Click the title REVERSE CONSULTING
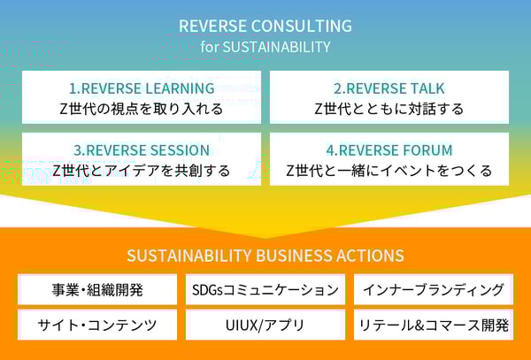tap(265, 26)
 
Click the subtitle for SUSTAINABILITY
tap(265, 47)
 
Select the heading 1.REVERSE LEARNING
tap(142, 88)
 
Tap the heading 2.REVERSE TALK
tap(389, 88)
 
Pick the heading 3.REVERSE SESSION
tap(142, 149)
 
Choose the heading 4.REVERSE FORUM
tap(389, 149)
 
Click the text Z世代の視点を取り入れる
tap(142, 109)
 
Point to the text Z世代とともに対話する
tap(389, 109)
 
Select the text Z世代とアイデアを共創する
tap(142, 170)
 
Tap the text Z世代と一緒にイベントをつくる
tap(389, 170)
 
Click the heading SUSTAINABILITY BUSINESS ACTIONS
tap(265, 256)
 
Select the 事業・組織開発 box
tap(98, 289)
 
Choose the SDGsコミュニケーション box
tap(265, 289)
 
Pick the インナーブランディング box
tap(433, 289)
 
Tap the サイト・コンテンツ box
tap(98, 325)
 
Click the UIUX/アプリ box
tap(265, 325)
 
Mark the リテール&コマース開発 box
tap(433, 325)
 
